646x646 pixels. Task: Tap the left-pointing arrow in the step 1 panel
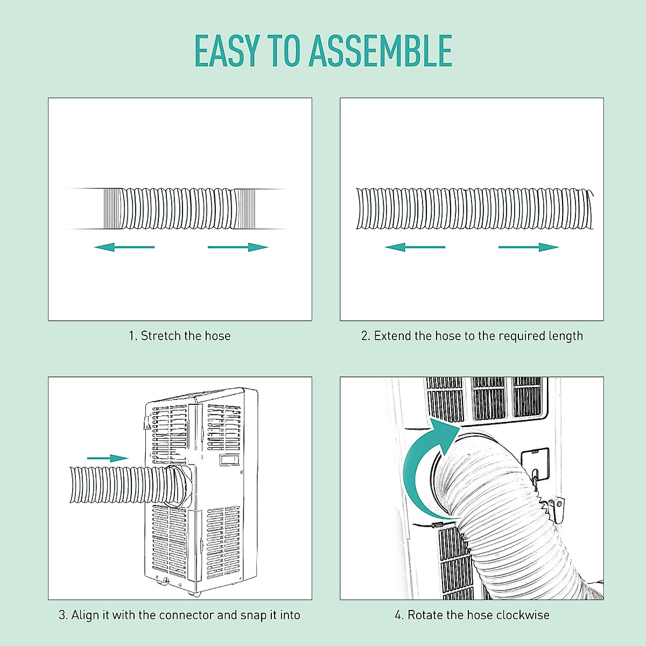[x=124, y=247]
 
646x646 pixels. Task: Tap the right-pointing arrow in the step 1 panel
[x=238, y=247]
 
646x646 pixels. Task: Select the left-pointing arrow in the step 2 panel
[x=415, y=247]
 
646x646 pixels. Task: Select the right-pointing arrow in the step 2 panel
[x=529, y=247]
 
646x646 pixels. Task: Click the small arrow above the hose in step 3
[x=107, y=458]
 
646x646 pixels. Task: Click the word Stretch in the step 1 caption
[x=160, y=336]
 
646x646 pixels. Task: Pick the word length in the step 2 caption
[x=565, y=336]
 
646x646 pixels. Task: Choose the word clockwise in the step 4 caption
[x=523, y=615]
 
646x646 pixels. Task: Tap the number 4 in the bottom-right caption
[x=398, y=615]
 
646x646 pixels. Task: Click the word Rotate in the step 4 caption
[x=423, y=615]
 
